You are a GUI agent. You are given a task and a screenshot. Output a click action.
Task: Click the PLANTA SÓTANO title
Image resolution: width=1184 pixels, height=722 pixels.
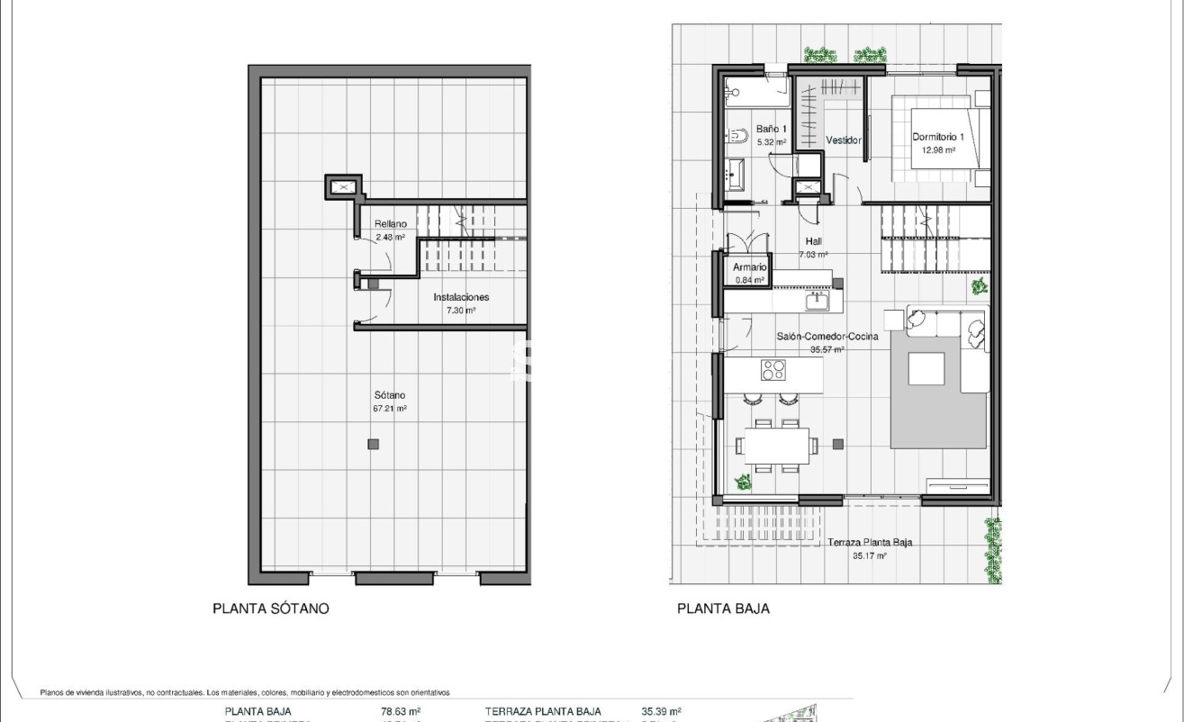tap(270, 609)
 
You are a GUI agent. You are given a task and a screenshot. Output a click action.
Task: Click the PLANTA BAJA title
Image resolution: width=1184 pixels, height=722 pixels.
tap(723, 609)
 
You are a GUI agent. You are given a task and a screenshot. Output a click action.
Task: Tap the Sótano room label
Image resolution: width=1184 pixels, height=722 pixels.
tap(390, 395)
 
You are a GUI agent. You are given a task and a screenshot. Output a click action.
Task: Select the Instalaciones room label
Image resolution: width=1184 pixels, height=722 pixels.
tap(461, 297)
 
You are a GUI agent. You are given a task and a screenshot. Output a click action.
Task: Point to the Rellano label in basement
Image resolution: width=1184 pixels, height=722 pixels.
tap(391, 224)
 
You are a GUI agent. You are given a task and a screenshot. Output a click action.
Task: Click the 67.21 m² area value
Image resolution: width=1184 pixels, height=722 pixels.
tap(390, 408)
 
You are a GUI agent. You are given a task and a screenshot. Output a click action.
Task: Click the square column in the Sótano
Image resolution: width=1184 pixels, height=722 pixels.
tap(373, 443)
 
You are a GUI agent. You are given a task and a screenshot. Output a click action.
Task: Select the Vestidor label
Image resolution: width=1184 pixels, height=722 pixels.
tap(844, 140)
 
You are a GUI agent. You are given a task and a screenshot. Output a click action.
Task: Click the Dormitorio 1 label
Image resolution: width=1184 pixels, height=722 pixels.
tap(937, 137)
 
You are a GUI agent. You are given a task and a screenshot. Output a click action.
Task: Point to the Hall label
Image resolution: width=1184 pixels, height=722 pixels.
tap(813, 241)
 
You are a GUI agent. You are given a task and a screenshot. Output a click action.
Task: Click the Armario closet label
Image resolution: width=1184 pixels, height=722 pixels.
tap(749, 267)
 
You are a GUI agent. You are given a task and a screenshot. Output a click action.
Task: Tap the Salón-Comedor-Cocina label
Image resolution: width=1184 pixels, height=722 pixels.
tap(815, 337)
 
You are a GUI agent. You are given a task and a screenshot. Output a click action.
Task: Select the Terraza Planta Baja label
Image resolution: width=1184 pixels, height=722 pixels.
tap(870, 543)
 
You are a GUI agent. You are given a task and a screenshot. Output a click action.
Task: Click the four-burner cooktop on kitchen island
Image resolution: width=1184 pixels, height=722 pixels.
tap(773, 369)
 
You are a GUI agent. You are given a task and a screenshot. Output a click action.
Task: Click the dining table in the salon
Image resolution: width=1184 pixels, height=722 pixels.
tap(777, 445)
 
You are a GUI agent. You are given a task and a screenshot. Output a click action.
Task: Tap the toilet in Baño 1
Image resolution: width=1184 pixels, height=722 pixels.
tap(737, 136)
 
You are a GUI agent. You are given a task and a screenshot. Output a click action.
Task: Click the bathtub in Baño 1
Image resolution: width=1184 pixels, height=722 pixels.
tap(756, 91)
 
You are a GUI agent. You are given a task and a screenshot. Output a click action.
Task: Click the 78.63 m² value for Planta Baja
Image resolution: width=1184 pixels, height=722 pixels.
tap(401, 711)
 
